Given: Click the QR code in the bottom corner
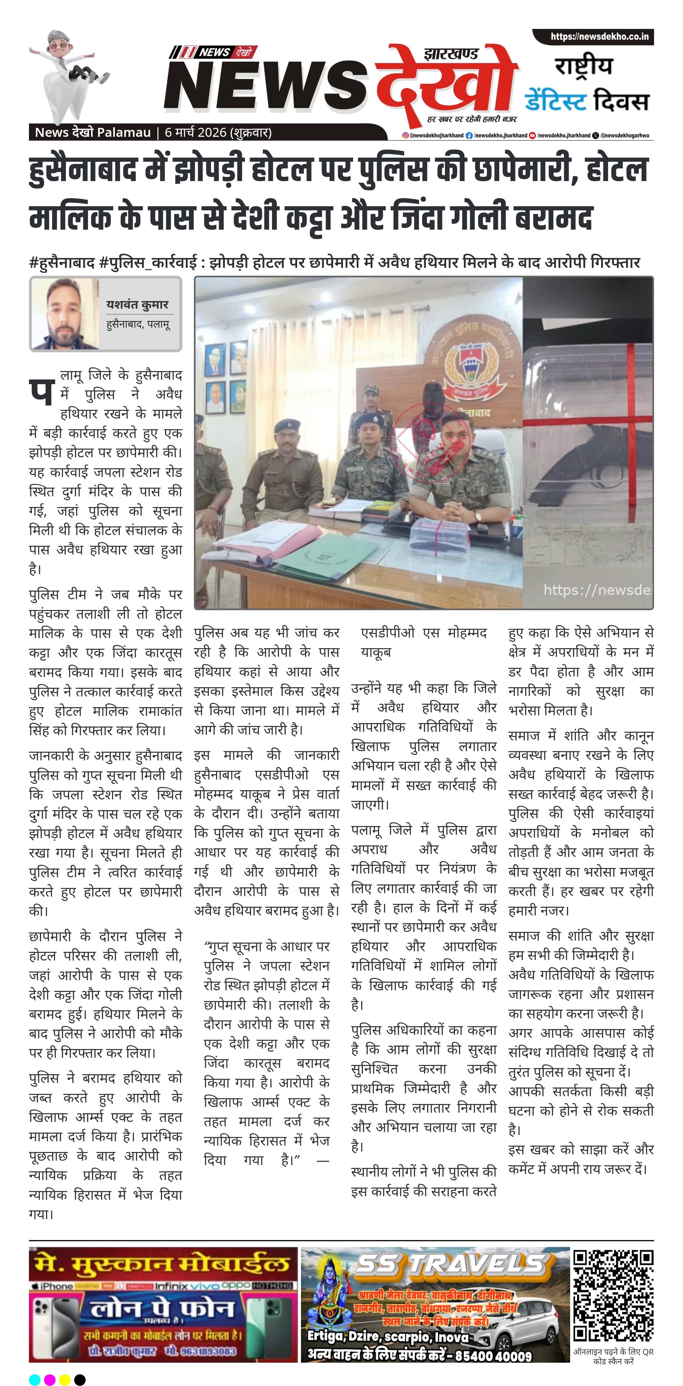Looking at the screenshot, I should tap(613, 1297).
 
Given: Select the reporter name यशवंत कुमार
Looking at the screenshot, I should tap(137, 305).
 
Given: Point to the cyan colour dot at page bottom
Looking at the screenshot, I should tap(34, 1379).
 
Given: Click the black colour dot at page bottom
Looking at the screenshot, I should tap(80, 1379).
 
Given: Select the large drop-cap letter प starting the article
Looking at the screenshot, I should tap(41, 392).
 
